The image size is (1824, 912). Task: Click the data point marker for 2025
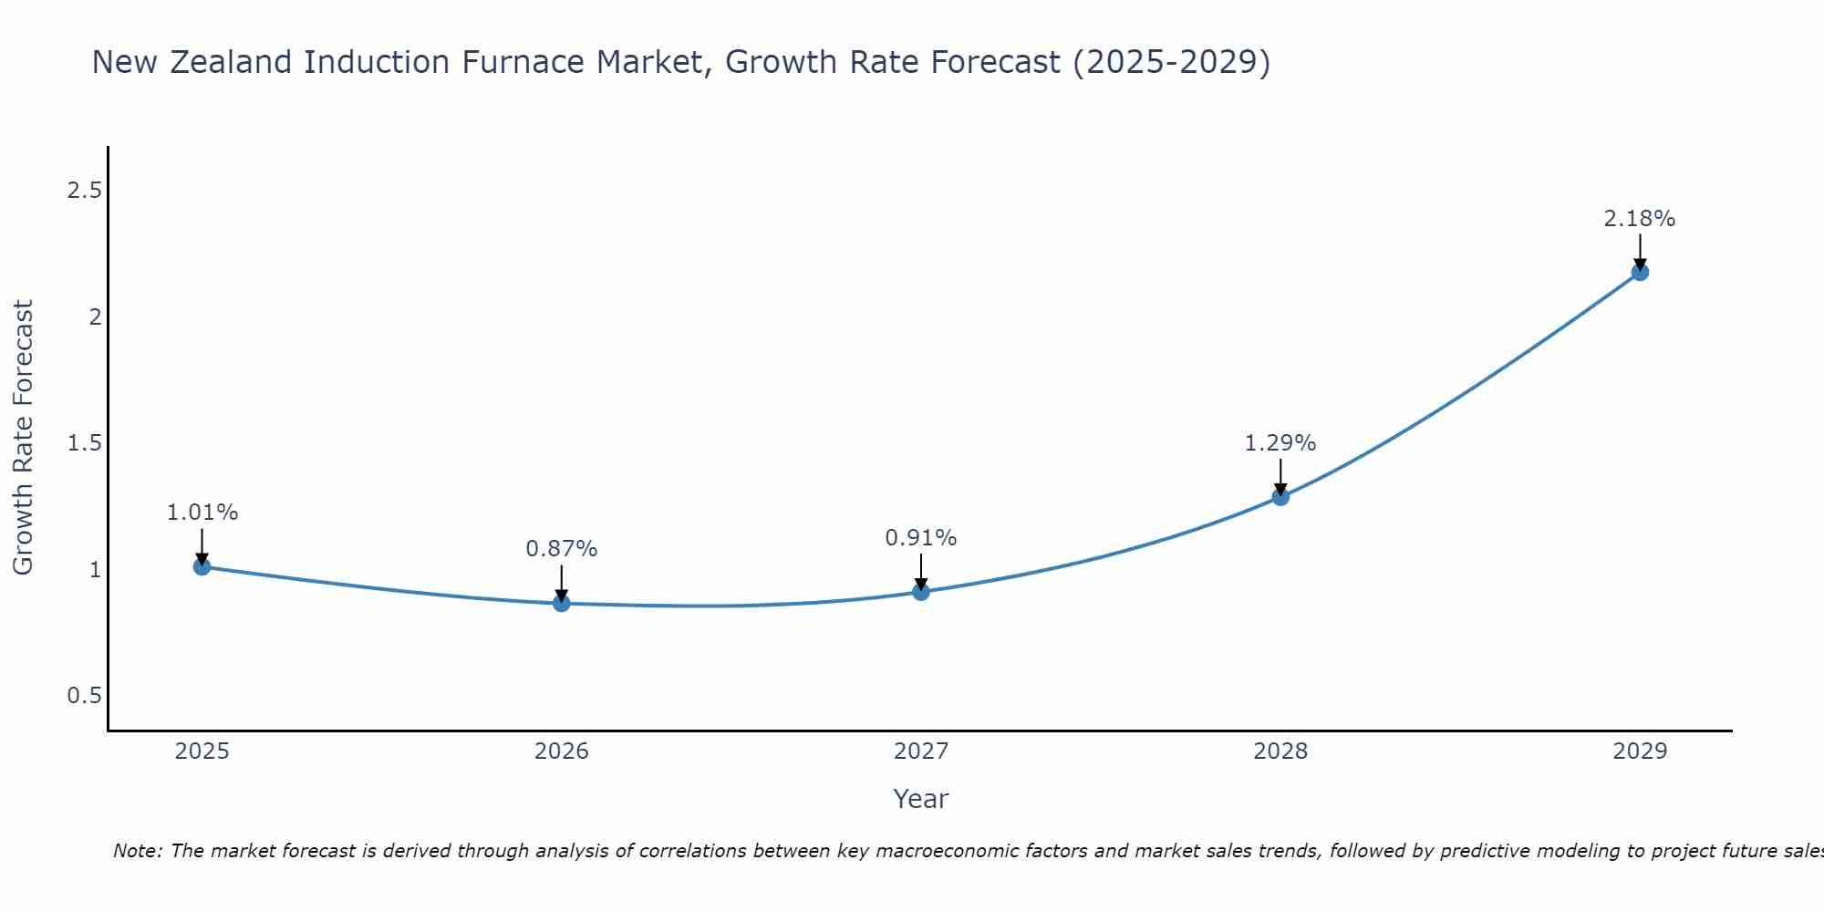click(202, 566)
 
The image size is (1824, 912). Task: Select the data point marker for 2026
click(561, 603)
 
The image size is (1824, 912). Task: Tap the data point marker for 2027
click(921, 592)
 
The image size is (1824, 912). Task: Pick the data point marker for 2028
click(1280, 496)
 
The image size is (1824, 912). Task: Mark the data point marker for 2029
click(1640, 272)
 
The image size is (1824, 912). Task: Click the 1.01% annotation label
click(202, 513)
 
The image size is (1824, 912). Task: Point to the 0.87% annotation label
click(561, 549)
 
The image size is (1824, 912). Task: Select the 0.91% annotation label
click(921, 538)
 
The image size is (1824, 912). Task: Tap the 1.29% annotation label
click(1280, 443)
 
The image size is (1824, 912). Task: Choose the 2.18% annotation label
click(1640, 219)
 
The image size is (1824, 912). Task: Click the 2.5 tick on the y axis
click(85, 191)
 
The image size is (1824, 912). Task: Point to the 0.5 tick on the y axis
click(85, 696)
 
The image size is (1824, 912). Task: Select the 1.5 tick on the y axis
click(85, 443)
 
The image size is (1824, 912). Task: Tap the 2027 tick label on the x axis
click(921, 751)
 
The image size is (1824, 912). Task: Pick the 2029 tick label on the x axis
click(1640, 751)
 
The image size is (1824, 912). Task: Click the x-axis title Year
click(921, 799)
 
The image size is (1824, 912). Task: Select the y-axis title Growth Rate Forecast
click(24, 438)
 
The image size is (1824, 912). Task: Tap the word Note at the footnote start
click(137, 851)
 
